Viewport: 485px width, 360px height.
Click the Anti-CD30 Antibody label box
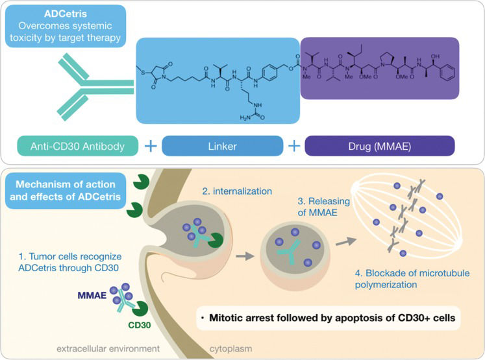click(x=78, y=146)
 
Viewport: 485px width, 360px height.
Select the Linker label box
click(x=223, y=146)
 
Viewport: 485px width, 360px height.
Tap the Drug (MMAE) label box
click(x=380, y=146)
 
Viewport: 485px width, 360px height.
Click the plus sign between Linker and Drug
click(x=294, y=146)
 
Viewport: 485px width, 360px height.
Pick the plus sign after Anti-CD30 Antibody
click(x=151, y=146)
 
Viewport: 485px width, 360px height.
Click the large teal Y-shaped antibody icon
click(x=93, y=87)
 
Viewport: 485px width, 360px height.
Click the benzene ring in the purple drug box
click(x=447, y=72)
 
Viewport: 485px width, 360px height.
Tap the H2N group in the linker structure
click(x=245, y=117)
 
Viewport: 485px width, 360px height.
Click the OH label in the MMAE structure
click(x=435, y=56)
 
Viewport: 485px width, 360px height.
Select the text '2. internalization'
click(x=237, y=191)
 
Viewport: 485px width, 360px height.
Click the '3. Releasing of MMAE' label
click(x=323, y=207)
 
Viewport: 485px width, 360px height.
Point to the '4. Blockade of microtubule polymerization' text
click(x=412, y=279)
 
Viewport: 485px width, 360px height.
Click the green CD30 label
click(x=140, y=325)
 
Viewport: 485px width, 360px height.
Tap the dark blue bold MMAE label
click(x=92, y=295)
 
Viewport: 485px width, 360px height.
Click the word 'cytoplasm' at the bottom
click(x=230, y=349)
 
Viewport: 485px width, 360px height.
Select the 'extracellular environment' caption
click(x=108, y=348)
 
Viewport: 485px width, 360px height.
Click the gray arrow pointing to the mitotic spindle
click(x=346, y=241)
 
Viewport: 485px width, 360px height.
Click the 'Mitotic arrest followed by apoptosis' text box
click(x=329, y=318)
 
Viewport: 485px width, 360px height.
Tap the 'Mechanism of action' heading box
click(x=66, y=191)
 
